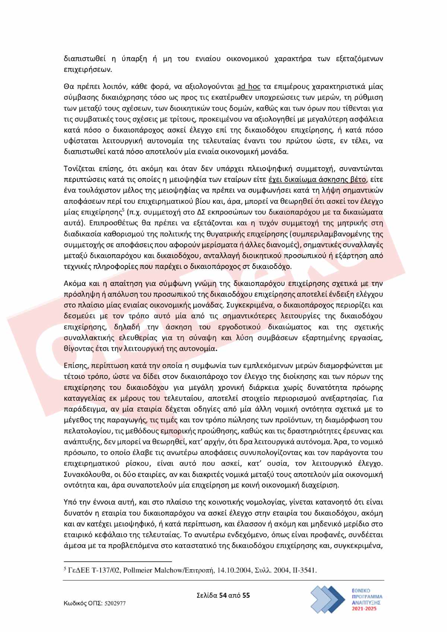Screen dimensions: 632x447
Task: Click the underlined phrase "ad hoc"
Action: [248, 87]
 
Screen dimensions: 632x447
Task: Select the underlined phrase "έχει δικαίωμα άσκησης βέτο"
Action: [317, 180]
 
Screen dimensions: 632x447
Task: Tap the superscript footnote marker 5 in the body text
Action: [123, 210]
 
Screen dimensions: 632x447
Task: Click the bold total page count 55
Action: [246, 595]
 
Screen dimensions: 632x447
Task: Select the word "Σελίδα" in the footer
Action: [207, 595]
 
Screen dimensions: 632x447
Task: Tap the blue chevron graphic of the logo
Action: [328, 599]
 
